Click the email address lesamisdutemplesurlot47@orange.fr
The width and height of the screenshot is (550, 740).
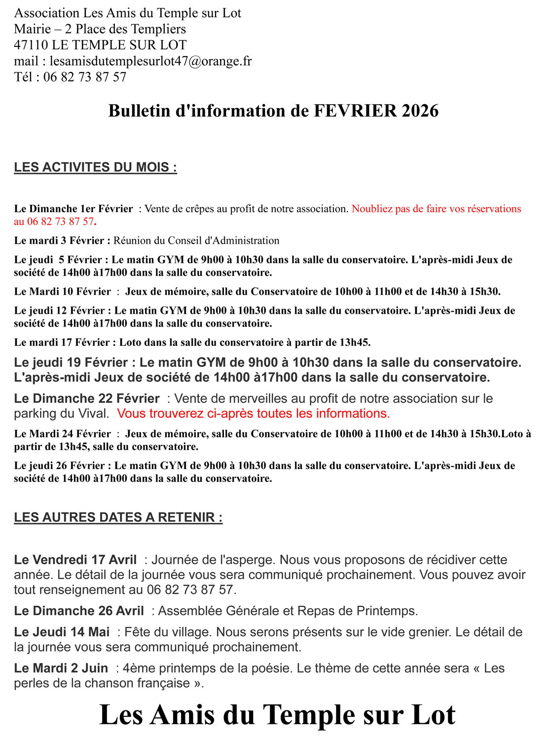click(x=151, y=61)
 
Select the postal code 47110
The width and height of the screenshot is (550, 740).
click(x=31, y=45)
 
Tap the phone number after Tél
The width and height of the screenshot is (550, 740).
click(x=85, y=77)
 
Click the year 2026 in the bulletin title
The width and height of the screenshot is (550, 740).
click(x=420, y=111)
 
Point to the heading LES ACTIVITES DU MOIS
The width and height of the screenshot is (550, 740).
click(x=95, y=167)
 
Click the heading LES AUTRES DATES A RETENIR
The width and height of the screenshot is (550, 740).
click(x=118, y=518)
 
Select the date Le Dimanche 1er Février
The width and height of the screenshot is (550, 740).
click(x=73, y=209)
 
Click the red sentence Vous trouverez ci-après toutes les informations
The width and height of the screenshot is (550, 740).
click(x=254, y=413)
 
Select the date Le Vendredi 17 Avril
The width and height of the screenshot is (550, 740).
click(x=75, y=560)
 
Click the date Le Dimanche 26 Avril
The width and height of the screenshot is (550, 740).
click(x=79, y=611)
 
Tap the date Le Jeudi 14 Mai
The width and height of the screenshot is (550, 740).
click(x=62, y=632)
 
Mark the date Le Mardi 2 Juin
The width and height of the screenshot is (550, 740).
click(x=61, y=668)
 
